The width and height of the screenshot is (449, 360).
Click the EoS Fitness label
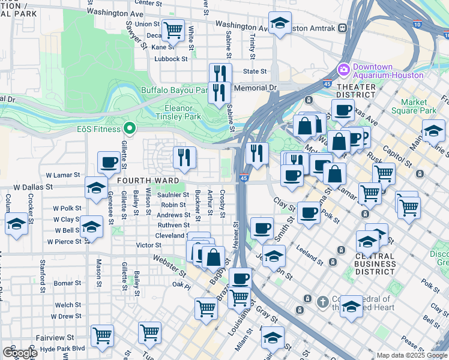(98, 129)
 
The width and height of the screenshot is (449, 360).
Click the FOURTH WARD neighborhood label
(148, 181)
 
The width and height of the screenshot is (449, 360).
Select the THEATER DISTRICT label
(356, 91)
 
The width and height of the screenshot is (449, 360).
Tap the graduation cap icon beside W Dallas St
(96, 187)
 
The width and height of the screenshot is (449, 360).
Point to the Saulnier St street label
(173, 194)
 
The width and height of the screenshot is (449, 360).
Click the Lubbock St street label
(171, 59)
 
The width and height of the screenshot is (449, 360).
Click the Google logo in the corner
(20, 353)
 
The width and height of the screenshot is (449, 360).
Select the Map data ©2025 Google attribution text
(411, 355)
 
